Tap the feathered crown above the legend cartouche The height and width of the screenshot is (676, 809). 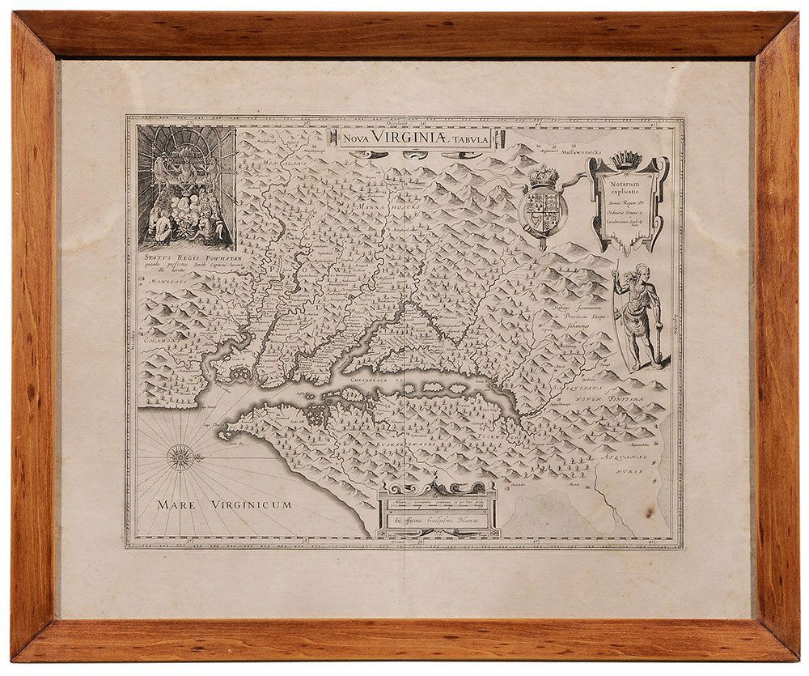pos(627,156)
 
